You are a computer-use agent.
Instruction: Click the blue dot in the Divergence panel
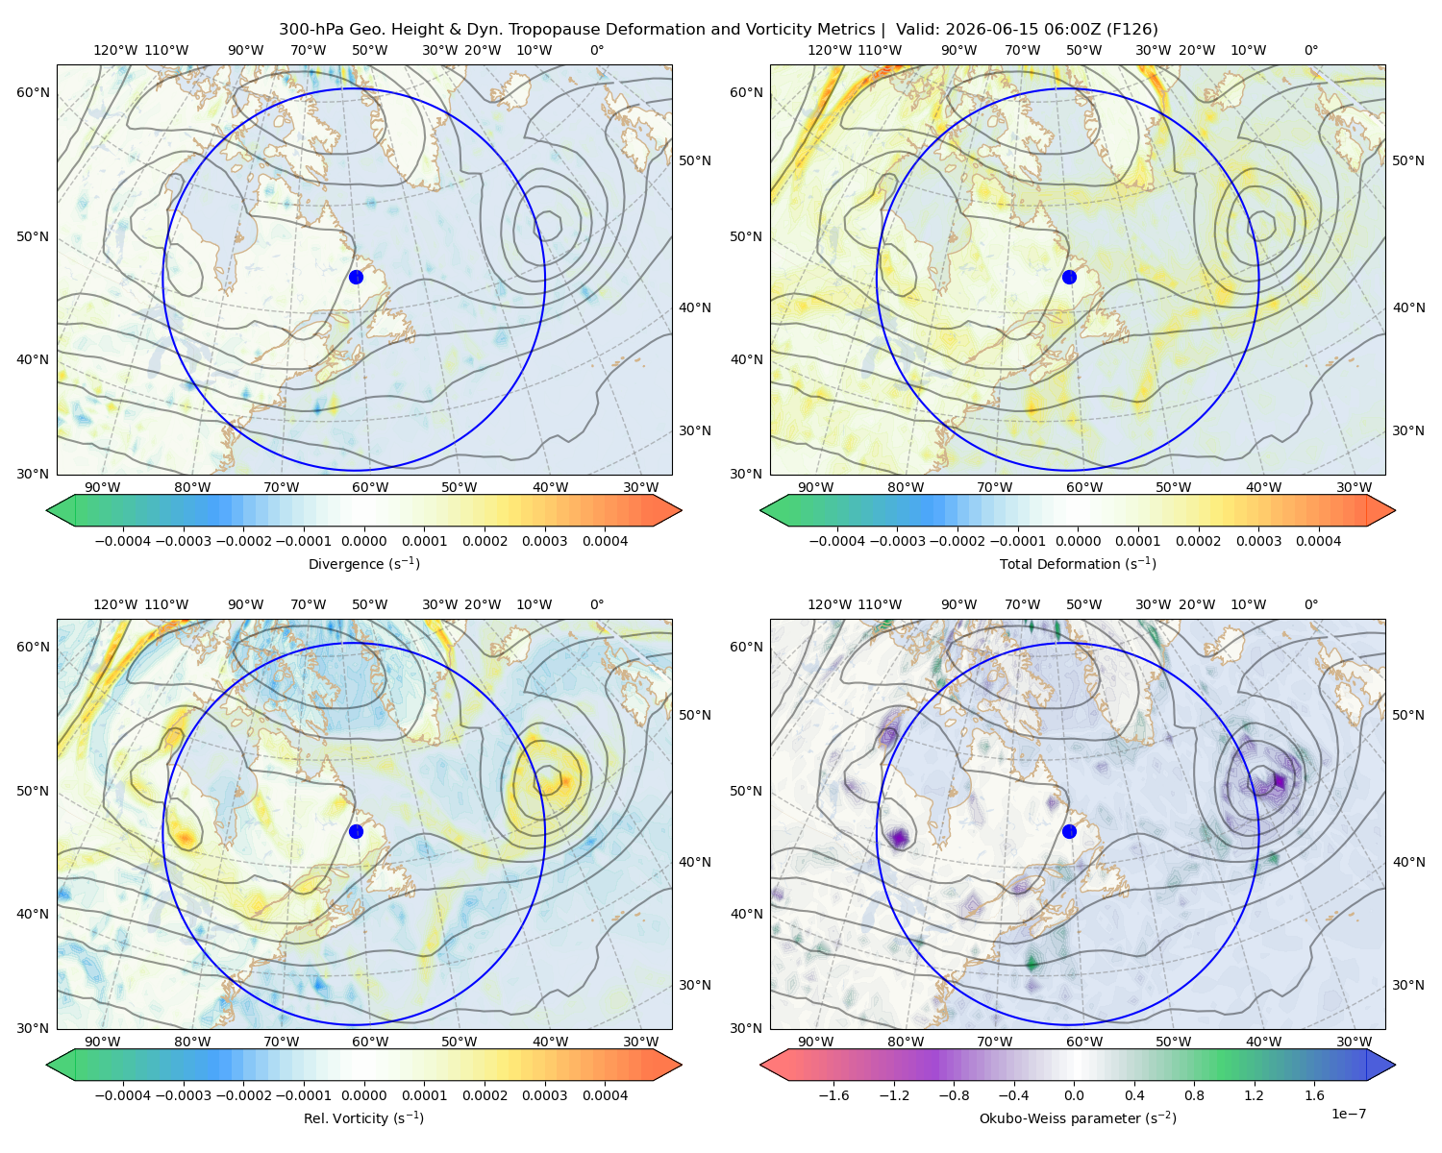point(356,277)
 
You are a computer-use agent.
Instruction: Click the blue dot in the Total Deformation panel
point(1069,277)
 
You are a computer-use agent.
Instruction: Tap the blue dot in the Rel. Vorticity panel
point(356,831)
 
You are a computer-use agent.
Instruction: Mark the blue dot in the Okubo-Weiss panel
point(1069,831)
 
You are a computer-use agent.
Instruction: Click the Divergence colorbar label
point(363,563)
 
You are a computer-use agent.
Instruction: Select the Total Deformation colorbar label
point(1078,563)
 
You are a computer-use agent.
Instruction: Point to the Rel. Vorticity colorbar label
point(363,1117)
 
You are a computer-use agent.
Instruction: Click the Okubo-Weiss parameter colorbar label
point(1078,1117)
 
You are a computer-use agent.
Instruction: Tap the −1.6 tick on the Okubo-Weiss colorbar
point(833,1095)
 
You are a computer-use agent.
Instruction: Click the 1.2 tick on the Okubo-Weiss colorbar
point(1254,1095)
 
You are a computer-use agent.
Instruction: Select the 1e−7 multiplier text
point(1348,1114)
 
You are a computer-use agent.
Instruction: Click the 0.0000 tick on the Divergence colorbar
point(363,541)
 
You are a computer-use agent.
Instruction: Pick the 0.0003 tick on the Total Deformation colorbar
point(1258,541)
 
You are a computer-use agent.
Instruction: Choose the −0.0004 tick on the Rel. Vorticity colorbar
point(123,1095)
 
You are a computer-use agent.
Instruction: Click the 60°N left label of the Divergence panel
point(33,92)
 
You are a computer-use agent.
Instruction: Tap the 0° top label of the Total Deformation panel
point(1310,50)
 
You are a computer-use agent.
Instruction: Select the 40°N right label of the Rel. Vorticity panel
point(695,862)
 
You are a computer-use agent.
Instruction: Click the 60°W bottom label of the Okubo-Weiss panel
point(1084,1042)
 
